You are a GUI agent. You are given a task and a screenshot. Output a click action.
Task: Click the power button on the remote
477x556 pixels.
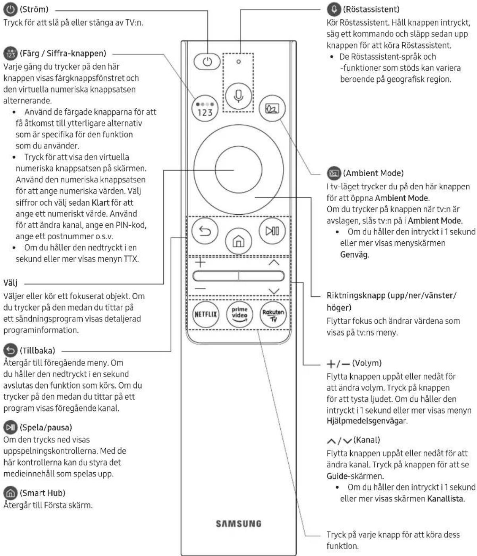click(x=207, y=62)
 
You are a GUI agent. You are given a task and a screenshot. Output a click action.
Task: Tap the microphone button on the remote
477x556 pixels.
click(x=238, y=96)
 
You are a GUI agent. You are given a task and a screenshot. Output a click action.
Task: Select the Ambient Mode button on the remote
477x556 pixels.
click(x=272, y=108)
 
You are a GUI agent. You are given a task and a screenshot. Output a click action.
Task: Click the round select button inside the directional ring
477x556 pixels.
click(x=238, y=170)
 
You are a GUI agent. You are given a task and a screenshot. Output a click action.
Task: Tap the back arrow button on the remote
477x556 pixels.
click(x=205, y=231)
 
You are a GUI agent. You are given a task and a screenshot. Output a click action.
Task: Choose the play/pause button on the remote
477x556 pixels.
click(x=272, y=231)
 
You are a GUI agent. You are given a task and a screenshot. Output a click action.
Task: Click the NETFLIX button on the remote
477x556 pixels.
click(x=206, y=314)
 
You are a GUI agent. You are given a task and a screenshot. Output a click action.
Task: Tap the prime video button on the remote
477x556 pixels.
click(x=239, y=314)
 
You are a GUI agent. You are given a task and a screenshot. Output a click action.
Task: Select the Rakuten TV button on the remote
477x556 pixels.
click(x=273, y=314)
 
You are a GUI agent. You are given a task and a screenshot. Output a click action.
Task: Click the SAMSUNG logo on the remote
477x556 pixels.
click(x=238, y=523)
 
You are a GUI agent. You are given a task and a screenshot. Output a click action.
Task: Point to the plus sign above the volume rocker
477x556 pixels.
click(x=200, y=262)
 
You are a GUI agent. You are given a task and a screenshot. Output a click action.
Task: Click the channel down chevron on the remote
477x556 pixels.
click(x=274, y=291)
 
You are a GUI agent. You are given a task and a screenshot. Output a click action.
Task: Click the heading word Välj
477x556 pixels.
click(x=10, y=283)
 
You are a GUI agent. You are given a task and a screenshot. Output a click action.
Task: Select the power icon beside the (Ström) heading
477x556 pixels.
click(x=10, y=10)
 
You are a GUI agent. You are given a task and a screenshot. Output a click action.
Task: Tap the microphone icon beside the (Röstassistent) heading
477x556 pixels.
click(x=334, y=10)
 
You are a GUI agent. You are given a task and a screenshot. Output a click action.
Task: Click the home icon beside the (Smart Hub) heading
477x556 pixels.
click(x=10, y=493)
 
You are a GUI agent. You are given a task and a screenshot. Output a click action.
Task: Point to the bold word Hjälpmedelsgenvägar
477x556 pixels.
click(x=366, y=421)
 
